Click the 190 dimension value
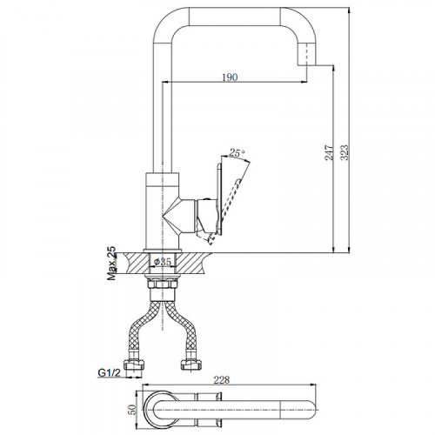(x=230, y=77)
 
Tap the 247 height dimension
(x=329, y=152)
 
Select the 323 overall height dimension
(x=345, y=152)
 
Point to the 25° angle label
(x=237, y=153)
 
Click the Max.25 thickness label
(x=111, y=264)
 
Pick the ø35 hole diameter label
(x=162, y=262)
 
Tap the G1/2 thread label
(x=109, y=372)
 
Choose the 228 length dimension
(x=222, y=379)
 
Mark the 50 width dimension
(x=132, y=410)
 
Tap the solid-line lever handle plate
(x=219, y=198)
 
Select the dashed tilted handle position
(x=226, y=211)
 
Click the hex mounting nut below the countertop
(x=162, y=284)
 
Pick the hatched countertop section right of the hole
(x=193, y=264)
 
